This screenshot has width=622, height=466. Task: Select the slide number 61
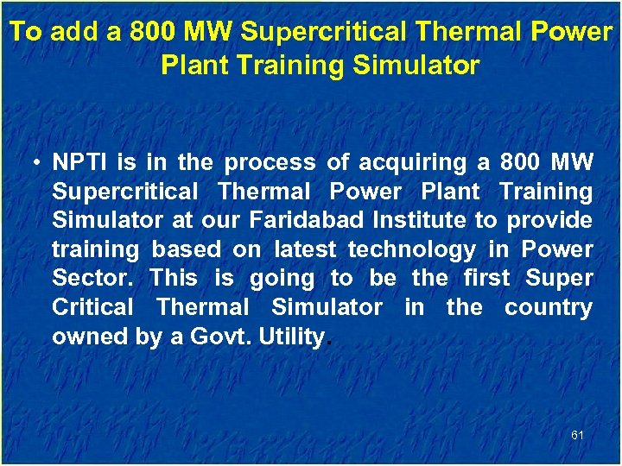pyautogui.click(x=577, y=435)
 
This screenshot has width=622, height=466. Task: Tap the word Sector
pyautogui.click(x=94, y=279)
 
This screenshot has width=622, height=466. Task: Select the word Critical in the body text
pyautogui.click(x=92, y=307)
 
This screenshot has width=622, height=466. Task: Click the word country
pyautogui.click(x=549, y=307)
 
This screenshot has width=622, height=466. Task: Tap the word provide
pyautogui.click(x=549, y=220)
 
